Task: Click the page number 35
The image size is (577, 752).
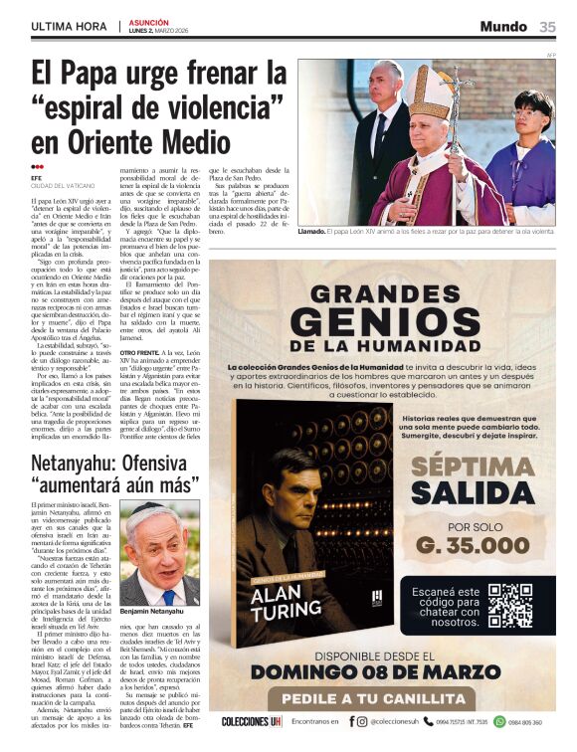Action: point(547,27)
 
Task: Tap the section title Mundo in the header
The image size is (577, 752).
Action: point(503,27)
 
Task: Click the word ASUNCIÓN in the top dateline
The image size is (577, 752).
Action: point(148,21)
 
